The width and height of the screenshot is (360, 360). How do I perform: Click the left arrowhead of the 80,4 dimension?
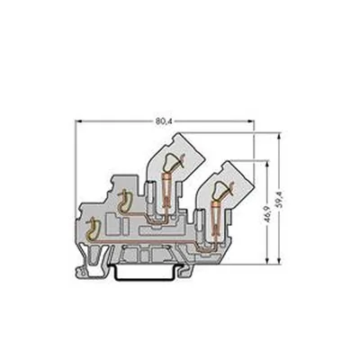click(78, 121)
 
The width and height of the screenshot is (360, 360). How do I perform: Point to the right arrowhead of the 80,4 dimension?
click(250, 121)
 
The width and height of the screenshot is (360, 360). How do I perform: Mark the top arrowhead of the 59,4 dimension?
click(279, 136)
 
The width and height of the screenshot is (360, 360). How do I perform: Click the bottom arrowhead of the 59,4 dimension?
click(279, 260)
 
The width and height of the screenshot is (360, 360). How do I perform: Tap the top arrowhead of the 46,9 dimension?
click(266, 165)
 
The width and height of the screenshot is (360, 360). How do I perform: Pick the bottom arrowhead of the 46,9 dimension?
click(266, 260)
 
